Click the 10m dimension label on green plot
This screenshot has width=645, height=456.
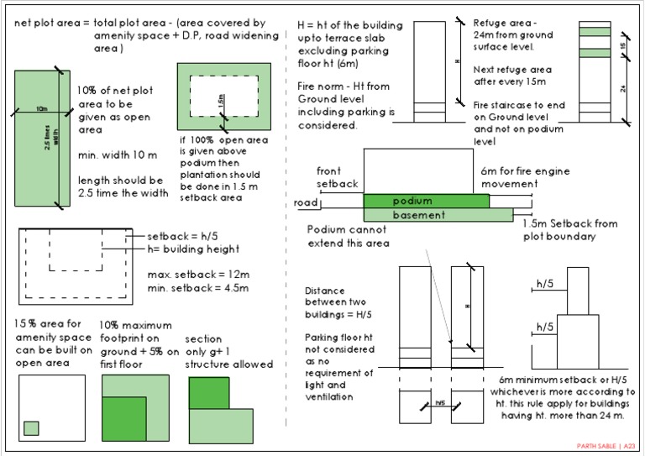(x=41, y=109)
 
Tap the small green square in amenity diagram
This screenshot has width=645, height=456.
(x=31, y=427)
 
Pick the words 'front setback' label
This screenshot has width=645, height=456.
(x=338, y=176)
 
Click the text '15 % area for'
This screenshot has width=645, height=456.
(x=49, y=324)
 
